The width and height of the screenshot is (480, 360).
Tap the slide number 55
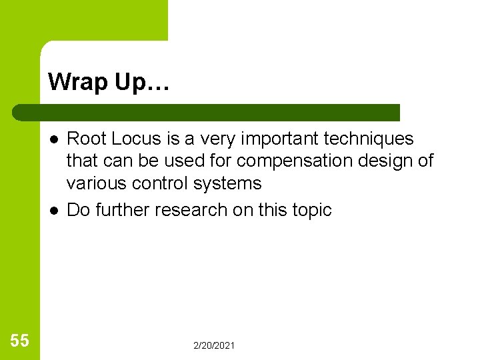tap(20, 341)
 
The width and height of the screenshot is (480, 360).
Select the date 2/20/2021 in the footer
tap(214, 345)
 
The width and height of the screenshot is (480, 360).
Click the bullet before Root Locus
tap(53, 139)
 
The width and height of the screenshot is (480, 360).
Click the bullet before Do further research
tap(53, 210)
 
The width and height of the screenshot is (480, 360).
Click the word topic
tap(312, 210)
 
